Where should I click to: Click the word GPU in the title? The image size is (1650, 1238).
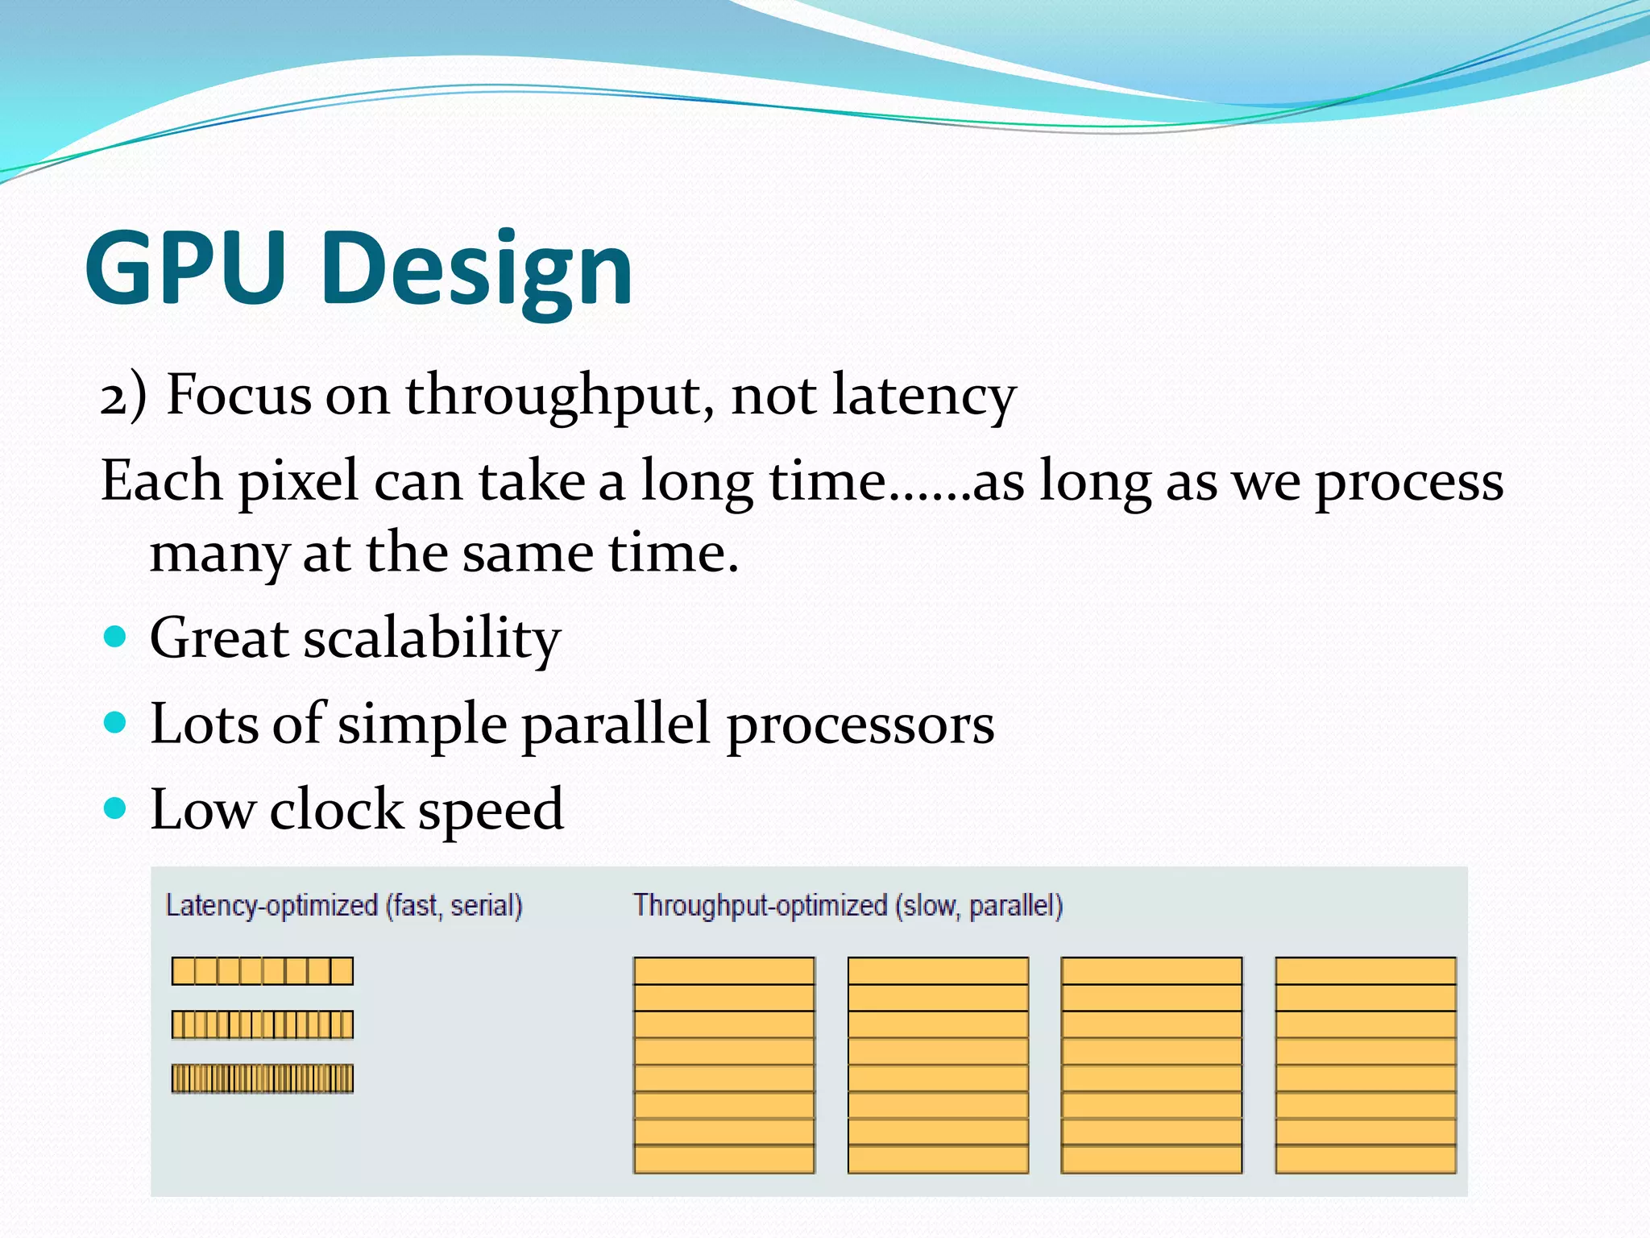click(185, 268)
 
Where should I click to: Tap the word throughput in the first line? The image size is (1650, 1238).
click(558, 397)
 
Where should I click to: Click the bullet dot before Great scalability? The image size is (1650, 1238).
click(116, 638)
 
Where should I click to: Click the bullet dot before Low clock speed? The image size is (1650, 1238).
click(116, 808)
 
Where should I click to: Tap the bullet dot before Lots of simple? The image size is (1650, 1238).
click(116, 722)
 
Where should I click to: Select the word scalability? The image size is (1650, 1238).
click(431, 638)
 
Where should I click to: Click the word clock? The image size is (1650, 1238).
click(336, 809)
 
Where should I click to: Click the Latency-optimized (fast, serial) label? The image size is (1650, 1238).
click(344, 906)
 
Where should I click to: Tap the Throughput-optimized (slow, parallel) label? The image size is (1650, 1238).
click(848, 906)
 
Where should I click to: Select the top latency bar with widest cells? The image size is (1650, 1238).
click(262, 970)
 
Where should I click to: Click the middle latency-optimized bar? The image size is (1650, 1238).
click(262, 1024)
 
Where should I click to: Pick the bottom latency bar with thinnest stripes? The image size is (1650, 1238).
click(262, 1078)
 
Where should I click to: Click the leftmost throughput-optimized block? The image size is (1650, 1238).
click(723, 1065)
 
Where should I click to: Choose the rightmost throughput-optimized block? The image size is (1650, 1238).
click(1365, 1065)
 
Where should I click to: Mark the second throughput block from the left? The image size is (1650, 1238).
click(938, 1065)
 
